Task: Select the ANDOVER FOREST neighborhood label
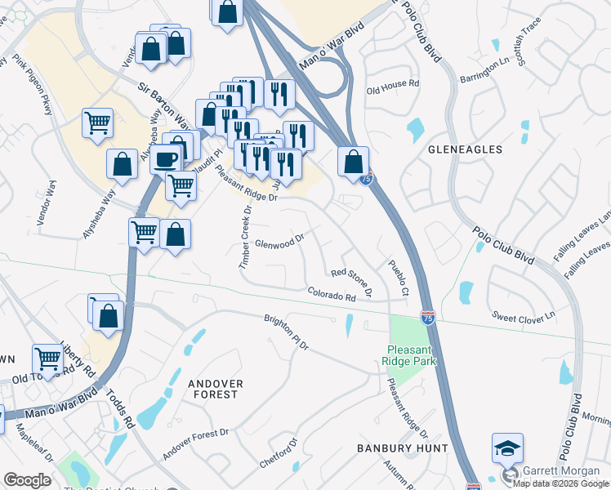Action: (212, 388)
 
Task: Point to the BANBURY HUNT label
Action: (403, 448)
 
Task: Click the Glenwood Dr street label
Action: (279, 243)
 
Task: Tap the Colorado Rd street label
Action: (332, 295)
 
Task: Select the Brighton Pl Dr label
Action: (286, 332)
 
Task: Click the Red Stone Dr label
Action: (352, 281)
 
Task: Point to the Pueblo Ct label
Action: (398, 278)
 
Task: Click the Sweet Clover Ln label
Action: (523, 314)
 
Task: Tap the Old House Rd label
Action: (393, 83)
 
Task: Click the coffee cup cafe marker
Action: (166, 158)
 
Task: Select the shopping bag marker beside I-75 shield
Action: (354, 162)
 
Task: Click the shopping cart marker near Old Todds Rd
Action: (48, 359)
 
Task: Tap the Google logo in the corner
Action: (27, 480)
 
